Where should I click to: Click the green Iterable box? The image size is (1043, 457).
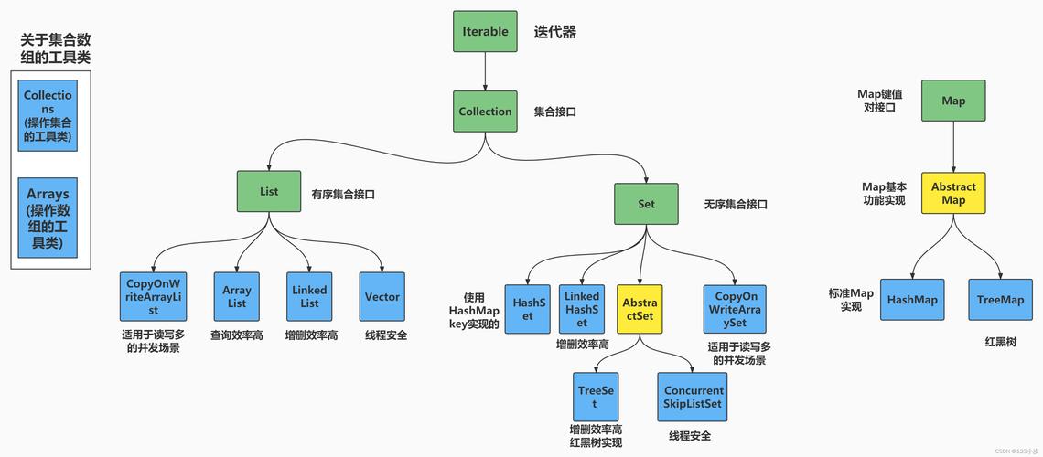pyautogui.click(x=485, y=31)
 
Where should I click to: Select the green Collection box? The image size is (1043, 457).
pyautogui.click(x=485, y=112)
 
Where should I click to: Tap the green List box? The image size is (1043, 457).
pyautogui.click(x=268, y=192)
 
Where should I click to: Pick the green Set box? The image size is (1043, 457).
pyautogui.click(x=646, y=204)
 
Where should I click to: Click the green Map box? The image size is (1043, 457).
pyautogui.click(x=953, y=101)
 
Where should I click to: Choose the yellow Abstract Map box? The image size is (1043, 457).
pyautogui.click(x=953, y=193)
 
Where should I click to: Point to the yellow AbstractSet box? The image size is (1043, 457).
pyautogui.click(x=640, y=309)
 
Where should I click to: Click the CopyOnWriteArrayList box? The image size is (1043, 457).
pyautogui.click(x=153, y=296)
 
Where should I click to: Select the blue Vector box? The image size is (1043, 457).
pyautogui.click(x=382, y=296)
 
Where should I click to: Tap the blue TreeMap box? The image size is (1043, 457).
pyautogui.click(x=1000, y=300)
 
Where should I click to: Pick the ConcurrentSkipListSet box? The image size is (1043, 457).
pyautogui.click(x=692, y=397)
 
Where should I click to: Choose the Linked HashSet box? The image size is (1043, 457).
pyautogui.click(x=582, y=308)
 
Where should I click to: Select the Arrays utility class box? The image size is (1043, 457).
pyautogui.click(x=48, y=218)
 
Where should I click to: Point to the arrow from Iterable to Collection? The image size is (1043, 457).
pyautogui.click(x=485, y=71)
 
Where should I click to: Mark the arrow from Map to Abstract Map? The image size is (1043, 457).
pyautogui.click(x=953, y=146)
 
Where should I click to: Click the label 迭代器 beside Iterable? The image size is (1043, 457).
pyautogui.click(x=555, y=32)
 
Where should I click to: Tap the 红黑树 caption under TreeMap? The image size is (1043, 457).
pyautogui.click(x=1000, y=342)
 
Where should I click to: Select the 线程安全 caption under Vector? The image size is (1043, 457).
pyautogui.click(x=385, y=335)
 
